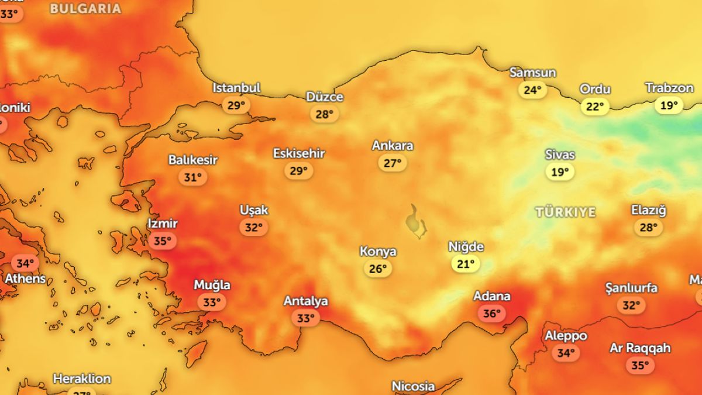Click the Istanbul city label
(236, 88)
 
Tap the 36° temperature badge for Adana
(491, 314)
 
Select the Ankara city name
(393, 146)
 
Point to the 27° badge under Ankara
(393, 163)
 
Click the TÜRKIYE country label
(566, 212)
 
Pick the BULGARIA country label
(85, 9)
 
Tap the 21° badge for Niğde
(466, 264)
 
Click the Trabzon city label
(669, 88)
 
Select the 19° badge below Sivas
(560, 172)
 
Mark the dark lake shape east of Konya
(416, 221)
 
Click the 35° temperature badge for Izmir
(163, 241)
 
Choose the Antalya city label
(305, 301)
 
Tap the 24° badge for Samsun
(532, 90)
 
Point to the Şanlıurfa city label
(631, 288)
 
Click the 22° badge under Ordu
(595, 107)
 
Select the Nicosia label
(413, 386)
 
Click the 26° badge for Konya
(378, 269)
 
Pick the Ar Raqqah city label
(640, 348)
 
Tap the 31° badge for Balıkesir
(192, 177)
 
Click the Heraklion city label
(82, 379)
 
